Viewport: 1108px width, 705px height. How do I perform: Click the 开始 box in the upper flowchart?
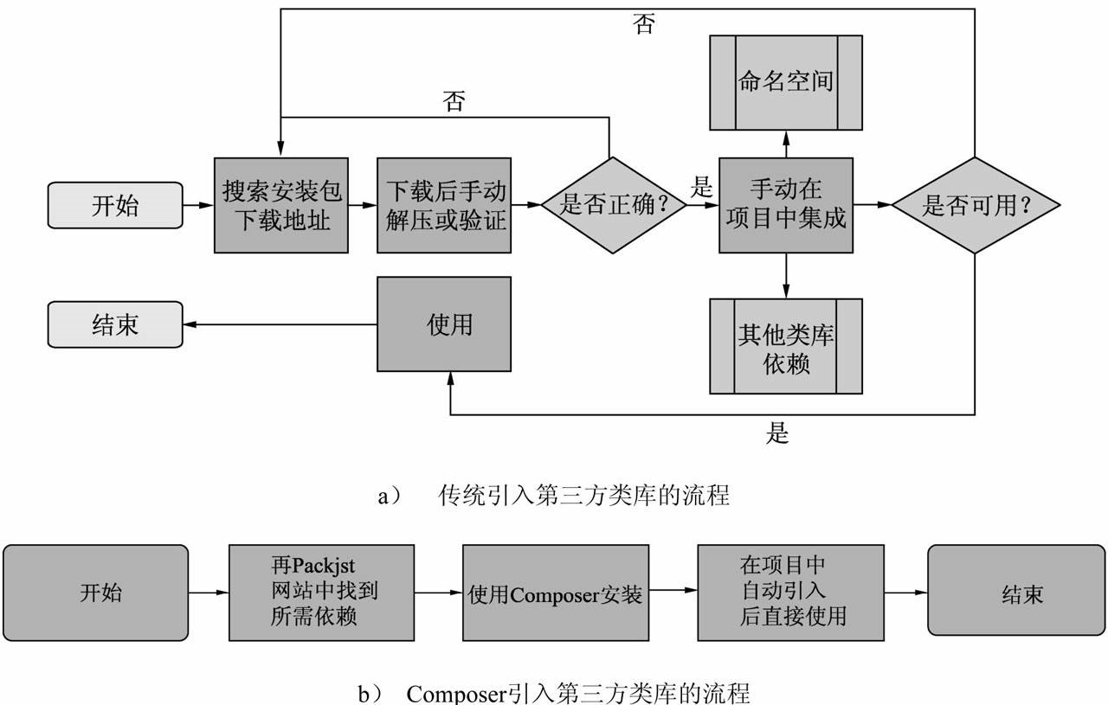(115, 205)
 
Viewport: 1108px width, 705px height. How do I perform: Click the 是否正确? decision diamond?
(613, 205)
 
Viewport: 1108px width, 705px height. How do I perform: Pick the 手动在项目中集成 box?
(785, 205)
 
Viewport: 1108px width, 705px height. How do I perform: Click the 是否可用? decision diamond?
(976, 205)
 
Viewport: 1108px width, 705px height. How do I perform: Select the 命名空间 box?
(785, 82)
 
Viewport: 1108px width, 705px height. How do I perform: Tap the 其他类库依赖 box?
(785, 346)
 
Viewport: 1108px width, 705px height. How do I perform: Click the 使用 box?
(450, 324)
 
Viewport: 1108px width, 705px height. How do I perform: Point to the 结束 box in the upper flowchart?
(115, 324)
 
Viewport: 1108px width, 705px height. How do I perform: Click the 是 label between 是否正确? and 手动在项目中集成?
(701, 187)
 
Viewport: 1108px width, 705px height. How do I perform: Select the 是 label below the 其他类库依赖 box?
(776, 433)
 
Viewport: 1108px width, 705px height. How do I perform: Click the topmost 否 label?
(643, 25)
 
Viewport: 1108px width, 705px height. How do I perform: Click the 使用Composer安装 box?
(555, 593)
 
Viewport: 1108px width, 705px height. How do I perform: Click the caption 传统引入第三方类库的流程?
(584, 496)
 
